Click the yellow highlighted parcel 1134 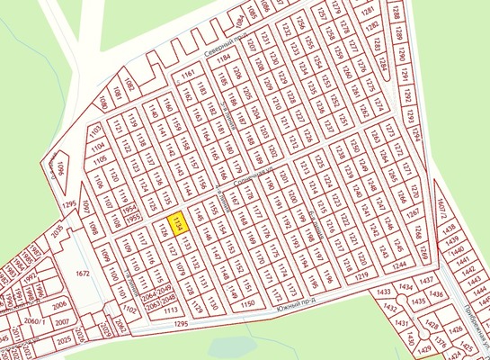pyautogui.click(x=177, y=223)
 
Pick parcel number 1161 pyautogui.click(x=188, y=73)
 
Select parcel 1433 pyautogui.click(x=383, y=292)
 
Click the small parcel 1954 pyautogui.click(x=130, y=207)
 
